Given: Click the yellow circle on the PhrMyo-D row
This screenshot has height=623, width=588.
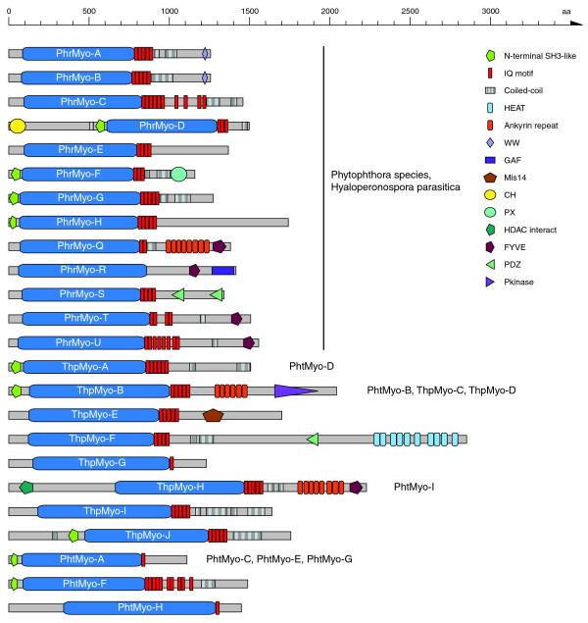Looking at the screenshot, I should [17, 126].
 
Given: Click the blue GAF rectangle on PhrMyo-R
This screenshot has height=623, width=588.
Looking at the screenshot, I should [223, 270].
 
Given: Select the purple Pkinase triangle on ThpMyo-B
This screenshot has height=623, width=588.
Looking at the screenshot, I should [294, 390].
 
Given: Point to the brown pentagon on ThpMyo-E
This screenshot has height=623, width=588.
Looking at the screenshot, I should [213, 415].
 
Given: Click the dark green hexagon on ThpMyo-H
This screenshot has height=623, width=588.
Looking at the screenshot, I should [26, 487].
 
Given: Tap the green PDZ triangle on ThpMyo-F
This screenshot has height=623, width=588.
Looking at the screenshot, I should [313, 439].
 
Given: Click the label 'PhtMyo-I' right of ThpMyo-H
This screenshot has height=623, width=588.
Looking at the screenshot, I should [414, 487].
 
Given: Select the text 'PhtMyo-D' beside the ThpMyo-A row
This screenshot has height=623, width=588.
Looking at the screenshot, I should [312, 366].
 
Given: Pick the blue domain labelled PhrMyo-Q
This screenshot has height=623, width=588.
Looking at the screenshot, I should [81, 246].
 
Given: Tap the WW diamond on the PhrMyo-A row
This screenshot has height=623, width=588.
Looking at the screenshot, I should [205, 53].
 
